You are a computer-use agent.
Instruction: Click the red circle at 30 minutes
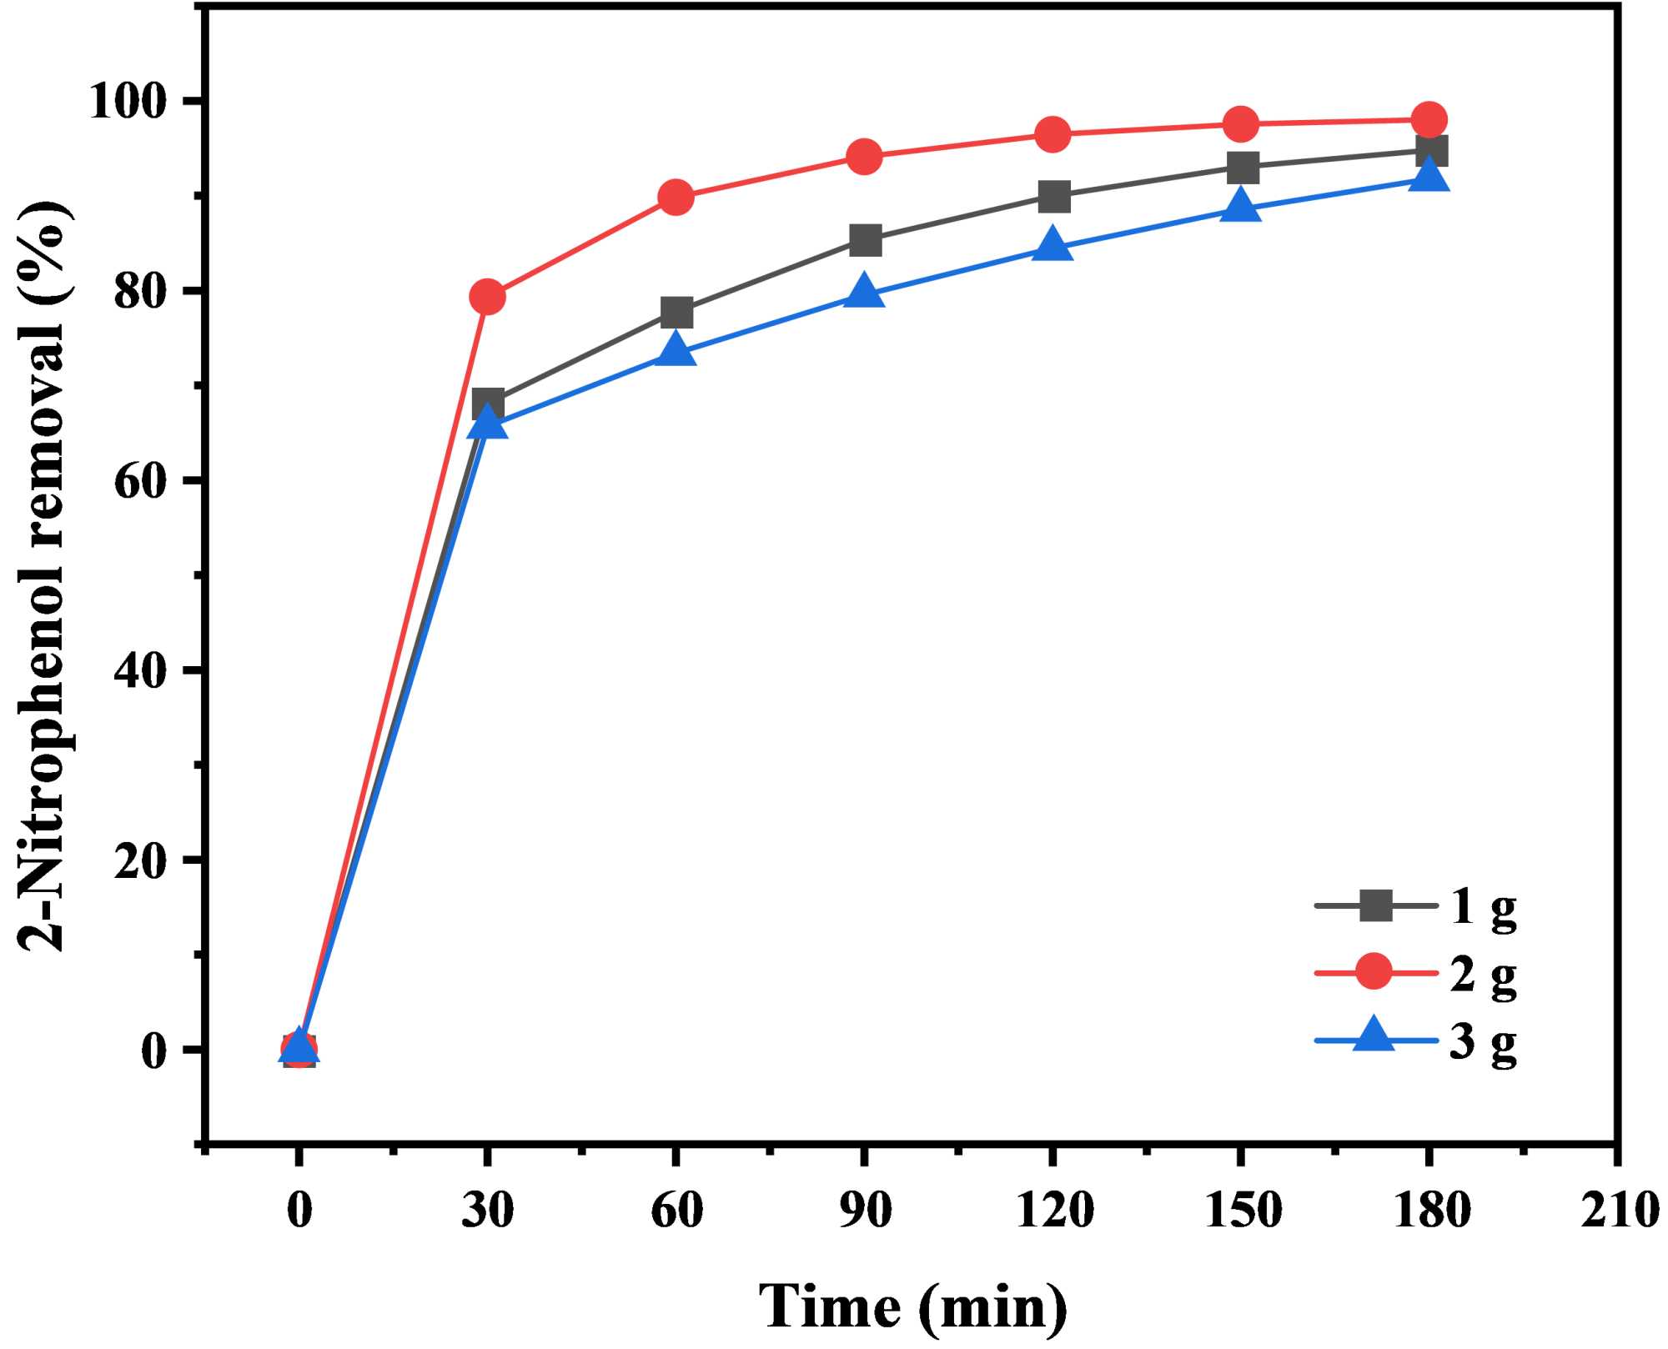click(488, 296)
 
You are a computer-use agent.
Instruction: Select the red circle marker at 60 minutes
click(676, 198)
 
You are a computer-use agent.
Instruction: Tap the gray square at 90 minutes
click(865, 240)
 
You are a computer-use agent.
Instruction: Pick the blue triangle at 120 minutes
click(1053, 244)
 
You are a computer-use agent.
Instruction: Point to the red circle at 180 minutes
click(1429, 119)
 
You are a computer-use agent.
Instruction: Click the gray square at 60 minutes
click(676, 313)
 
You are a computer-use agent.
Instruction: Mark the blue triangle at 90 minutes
click(864, 293)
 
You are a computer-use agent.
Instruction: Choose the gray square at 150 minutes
click(1242, 167)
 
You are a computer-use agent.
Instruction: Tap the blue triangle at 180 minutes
click(1429, 176)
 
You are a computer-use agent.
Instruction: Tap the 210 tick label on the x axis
click(1618, 1209)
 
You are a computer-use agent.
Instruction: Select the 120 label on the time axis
click(1054, 1209)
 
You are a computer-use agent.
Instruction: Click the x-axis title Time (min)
click(912, 1306)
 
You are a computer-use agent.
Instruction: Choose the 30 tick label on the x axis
click(488, 1209)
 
